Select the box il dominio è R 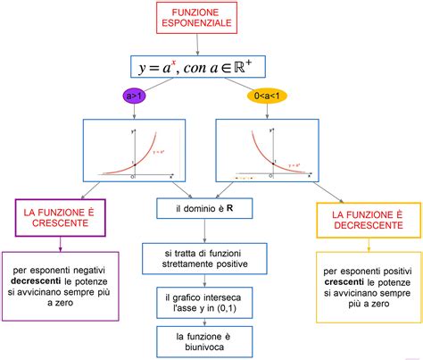coord(205,208)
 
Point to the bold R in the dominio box coord(230,208)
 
